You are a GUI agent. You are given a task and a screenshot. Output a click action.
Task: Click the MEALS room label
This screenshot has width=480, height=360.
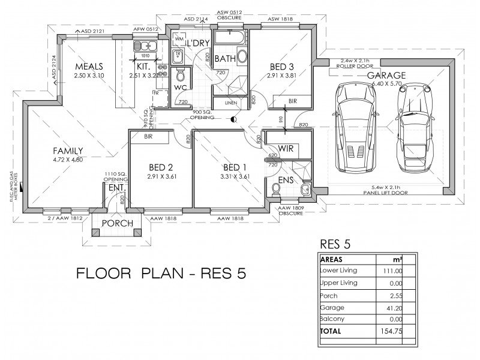pos(89,66)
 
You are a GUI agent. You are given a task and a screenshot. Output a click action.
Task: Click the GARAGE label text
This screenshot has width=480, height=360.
pos(386,76)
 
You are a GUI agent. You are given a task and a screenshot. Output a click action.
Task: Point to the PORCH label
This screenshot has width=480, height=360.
pos(113,223)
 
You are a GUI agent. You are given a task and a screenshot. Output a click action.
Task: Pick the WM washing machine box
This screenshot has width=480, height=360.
pos(179,39)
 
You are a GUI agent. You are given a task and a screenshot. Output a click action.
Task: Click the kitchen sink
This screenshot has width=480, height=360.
pos(143,46)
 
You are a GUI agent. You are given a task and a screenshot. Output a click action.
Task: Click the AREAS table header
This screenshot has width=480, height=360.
pos(332,260)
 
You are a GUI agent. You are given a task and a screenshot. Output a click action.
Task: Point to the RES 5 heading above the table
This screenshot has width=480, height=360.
pos(335,244)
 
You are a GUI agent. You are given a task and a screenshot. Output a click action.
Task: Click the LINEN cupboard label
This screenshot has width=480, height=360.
pos(230,103)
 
